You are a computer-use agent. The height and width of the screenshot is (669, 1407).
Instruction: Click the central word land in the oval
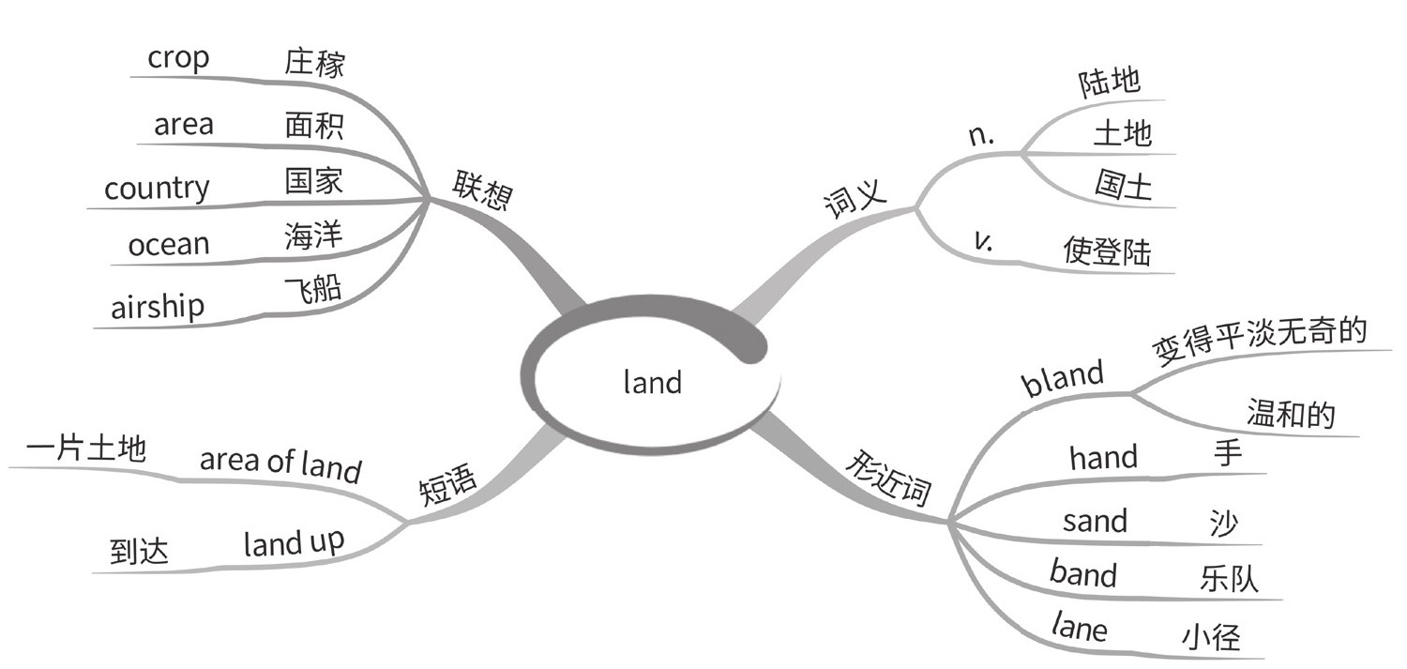point(652,382)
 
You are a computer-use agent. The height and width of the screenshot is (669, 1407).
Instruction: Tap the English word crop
point(178,58)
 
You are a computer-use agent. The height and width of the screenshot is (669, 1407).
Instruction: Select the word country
point(157,188)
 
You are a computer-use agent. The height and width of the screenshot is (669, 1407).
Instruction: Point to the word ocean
point(169,245)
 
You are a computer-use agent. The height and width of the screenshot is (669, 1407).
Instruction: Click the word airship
point(158,307)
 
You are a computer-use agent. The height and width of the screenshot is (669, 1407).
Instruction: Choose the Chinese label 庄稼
point(314,63)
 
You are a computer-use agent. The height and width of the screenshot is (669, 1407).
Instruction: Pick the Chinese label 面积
point(314,125)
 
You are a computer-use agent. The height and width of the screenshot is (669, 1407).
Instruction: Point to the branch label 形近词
point(886,478)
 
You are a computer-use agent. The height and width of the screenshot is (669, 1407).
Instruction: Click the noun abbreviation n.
point(980,136)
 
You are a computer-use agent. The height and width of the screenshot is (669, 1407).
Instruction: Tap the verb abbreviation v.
point(983,241)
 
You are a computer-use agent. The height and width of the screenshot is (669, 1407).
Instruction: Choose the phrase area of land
point(280,463)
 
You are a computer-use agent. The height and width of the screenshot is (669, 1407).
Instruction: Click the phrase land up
point(294,543)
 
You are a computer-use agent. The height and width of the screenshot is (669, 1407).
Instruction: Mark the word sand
point(1095,520)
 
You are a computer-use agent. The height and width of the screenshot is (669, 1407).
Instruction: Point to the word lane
point(1079,626)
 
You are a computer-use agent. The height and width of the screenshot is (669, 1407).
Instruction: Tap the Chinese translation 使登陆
point(1107,251)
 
